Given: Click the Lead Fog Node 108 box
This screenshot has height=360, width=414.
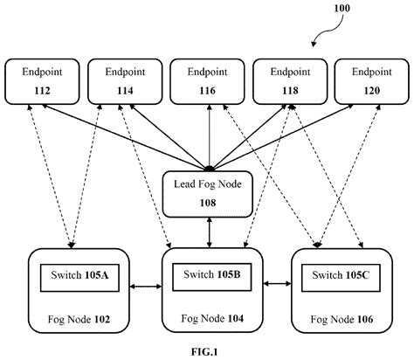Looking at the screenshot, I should (207, 191).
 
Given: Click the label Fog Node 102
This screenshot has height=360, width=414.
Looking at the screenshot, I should (79, 320).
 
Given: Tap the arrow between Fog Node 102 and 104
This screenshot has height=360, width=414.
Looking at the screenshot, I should (147, 283).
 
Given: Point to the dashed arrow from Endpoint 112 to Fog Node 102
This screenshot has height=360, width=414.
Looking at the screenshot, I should (52, 175).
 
